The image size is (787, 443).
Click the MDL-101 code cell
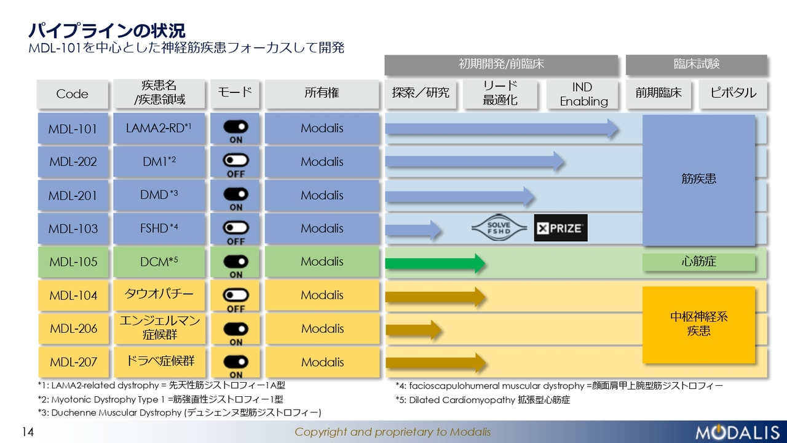pos(73,129)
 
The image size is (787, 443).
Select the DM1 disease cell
pos(159,162)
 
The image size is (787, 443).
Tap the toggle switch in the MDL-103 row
pos(235,228)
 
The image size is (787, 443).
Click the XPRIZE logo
pos(561,228)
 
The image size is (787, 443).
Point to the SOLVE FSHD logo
pos(499,228)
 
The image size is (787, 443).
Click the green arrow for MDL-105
pos(435,263)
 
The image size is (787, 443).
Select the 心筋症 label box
pos(699,262)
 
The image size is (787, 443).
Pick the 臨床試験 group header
pos(697,65)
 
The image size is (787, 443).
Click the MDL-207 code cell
pos(73,362)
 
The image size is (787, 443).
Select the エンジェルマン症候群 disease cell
pos(159,328)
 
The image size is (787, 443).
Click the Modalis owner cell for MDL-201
pos(322,195)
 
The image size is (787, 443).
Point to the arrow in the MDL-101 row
pos(502,129)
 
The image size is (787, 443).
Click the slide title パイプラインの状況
pos(107,31)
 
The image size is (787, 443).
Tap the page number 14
pos(28,432)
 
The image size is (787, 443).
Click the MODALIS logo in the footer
pos(737,432)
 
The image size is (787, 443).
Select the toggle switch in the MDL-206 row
pos(235,329)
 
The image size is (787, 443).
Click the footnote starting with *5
pos(483,400)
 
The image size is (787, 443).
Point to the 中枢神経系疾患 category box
pos(699,325)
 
